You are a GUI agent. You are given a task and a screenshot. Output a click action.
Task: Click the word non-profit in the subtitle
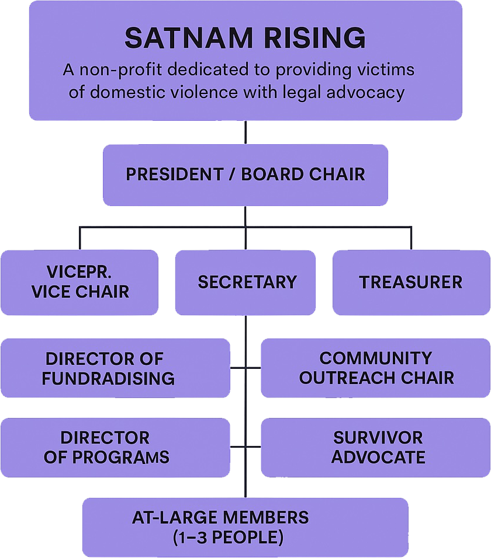pos(116,71)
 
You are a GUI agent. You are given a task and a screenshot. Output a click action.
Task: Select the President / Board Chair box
pos(245,175)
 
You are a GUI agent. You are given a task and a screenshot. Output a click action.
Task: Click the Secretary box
pos(245,283)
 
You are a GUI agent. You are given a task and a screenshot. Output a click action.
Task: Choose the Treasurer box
pos(411,283)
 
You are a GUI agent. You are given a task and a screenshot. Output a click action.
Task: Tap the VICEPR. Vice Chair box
pos(79,283)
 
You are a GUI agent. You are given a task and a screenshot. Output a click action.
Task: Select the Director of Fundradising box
pos(115,368)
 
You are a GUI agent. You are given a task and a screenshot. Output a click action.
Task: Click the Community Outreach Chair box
pos(375,368)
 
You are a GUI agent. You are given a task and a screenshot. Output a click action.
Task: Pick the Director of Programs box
pos(115,447)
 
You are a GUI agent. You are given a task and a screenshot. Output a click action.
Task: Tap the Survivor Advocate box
pos(375,447)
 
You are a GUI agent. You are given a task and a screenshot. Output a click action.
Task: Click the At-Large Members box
pos(245,527)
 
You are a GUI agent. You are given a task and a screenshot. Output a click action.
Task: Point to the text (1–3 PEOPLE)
pos(228,537)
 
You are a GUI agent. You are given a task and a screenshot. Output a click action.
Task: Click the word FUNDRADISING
pos(108,378)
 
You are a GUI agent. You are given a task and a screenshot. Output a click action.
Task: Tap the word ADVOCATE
pos(378,457)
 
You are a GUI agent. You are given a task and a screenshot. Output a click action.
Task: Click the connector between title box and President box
pos(245,132)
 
